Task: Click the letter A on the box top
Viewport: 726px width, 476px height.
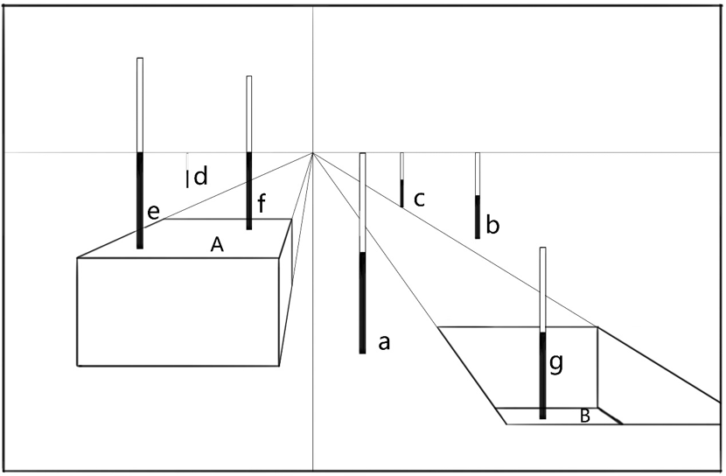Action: (218, 246)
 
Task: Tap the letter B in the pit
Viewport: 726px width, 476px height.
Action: (585, 416)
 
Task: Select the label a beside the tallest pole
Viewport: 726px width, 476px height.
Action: (382, 342)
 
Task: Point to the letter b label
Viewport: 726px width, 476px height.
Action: (492, 227)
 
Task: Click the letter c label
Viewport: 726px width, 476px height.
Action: (419, 199)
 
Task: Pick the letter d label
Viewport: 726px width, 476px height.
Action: (200, 177)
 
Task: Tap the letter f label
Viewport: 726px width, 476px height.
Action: (260, 205)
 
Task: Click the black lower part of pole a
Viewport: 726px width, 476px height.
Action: (362, 302)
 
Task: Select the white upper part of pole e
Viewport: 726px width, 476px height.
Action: (140, 105)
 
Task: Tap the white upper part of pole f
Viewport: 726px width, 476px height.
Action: (249, 114)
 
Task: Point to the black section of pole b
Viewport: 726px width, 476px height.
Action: (478, 216)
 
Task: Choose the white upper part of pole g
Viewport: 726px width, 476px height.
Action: (543, 289)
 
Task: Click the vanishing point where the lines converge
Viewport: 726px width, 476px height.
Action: (313, 153)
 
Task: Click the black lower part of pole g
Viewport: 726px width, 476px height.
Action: (543, 376)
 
